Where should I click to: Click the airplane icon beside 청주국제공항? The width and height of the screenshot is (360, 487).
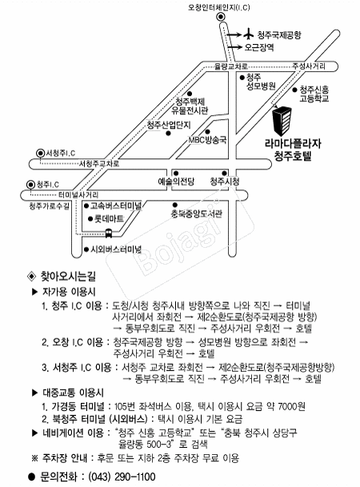[248, 34]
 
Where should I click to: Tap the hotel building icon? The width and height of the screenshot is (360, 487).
[282, 121]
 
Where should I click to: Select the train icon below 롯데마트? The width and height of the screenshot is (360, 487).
[109, 233]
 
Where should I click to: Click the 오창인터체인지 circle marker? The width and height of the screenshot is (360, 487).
[221, 17]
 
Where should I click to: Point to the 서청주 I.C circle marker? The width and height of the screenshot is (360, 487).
[40, 153]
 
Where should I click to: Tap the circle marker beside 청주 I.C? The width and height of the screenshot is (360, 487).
[30, 185]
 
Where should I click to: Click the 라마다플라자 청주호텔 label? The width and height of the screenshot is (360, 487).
[293, 149]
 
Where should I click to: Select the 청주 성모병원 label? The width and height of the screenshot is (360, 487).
[261, 82]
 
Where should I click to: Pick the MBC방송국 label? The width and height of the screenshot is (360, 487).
[207, 140]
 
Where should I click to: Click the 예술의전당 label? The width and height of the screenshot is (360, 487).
[176, 182]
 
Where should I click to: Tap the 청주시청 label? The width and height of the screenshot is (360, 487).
[225, 182]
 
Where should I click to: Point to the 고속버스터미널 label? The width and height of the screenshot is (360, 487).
[115, 206]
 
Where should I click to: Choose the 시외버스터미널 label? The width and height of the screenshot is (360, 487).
[115, 249]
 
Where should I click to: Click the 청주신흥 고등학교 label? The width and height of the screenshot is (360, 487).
[314, 94]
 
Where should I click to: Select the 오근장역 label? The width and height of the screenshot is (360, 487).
[259, 47]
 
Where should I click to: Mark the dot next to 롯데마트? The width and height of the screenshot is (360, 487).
[90, 219]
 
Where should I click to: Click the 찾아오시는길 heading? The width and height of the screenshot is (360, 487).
[68, 276]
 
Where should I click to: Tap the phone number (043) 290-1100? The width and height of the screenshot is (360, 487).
[122, 477]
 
